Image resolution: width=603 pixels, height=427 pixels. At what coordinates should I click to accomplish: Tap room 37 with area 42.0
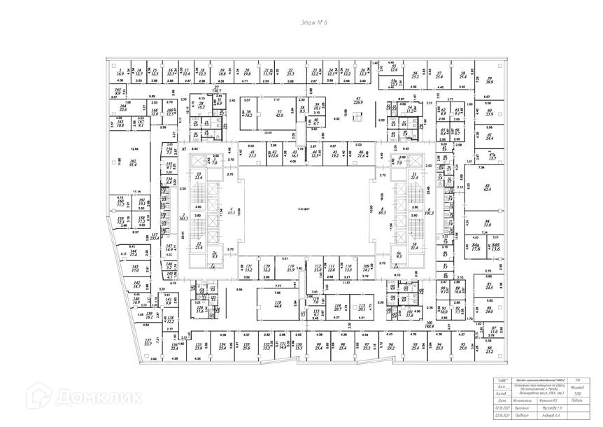[279, 113]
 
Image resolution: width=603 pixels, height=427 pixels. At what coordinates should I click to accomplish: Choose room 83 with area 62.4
[487, 188]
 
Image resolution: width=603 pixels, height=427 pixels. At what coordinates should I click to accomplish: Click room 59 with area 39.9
[490, 80]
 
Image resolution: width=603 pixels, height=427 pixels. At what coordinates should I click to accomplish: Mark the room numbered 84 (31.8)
[487, 224]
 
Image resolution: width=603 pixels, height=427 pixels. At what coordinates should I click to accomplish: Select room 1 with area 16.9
[120, 73]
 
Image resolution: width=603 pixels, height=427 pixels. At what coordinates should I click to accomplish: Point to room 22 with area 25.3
[290, 72]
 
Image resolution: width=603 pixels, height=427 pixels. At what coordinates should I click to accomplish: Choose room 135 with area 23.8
[199, 346]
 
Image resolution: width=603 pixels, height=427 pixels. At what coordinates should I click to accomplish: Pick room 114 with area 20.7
[338, 307]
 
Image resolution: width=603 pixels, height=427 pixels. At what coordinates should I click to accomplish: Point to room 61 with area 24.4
[490, 136]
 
